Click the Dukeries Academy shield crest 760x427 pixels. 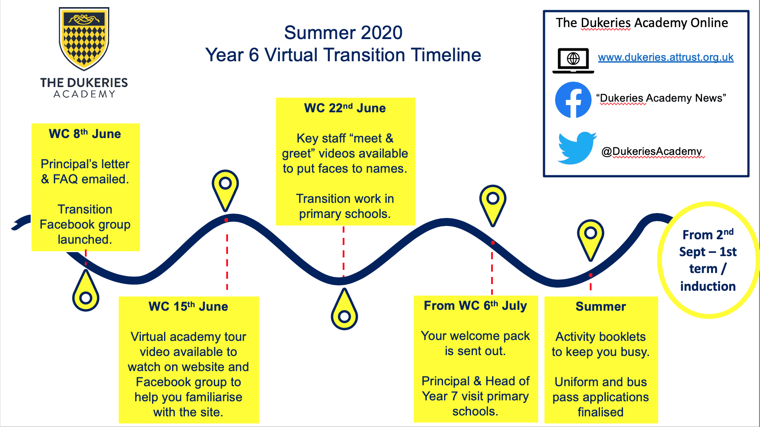[x=84, y=38]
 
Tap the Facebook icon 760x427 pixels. [x=573, y=99]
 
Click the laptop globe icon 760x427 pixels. [x=573, y=60]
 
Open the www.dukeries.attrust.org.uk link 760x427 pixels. [x=665, y=57]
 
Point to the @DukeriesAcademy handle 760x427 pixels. [x=652, y=151]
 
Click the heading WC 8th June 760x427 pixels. [x=85, y=134]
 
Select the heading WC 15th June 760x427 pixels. [x=188, y=306]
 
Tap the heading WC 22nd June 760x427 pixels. [x=345, y=108]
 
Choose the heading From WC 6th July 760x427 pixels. [x=476, y=306]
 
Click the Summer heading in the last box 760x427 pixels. [x=601, y=306]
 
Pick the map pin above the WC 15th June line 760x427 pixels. [x=225, y=190]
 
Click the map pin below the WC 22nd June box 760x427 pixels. [x=344, y=309]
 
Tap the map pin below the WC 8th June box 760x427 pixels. [x=86, y=290]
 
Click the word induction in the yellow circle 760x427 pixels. [x=708, y=286]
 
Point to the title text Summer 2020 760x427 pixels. [x=344, y=32]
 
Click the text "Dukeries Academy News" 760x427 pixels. [x=661, y=98]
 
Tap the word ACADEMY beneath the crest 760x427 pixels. [x=84, y=94]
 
